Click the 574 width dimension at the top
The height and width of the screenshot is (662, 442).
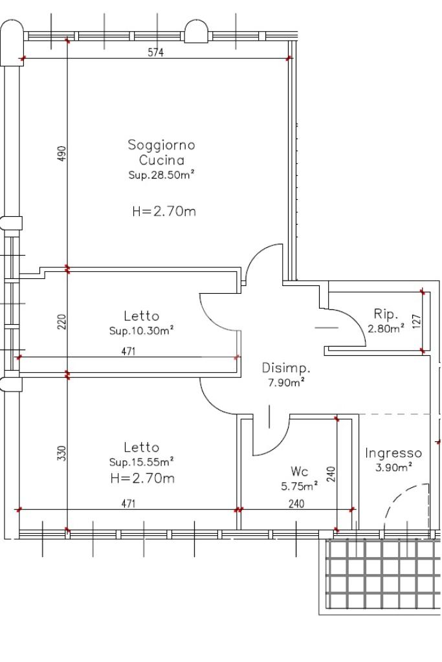(156, 52)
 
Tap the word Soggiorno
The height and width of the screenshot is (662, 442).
(161, 145)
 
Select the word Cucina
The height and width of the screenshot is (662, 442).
(161, 160)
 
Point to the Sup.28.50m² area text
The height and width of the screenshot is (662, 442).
(161, 175)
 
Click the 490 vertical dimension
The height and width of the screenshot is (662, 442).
(61, 155)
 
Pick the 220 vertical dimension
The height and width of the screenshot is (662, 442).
(61, 322)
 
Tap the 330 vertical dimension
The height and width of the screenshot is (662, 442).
(61, 453)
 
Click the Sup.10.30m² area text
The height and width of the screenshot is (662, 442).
(142, 331)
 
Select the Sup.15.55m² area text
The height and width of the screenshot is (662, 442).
(142, 462)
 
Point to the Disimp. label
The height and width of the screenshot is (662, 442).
(286, 368)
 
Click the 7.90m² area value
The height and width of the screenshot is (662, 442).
(286, 383)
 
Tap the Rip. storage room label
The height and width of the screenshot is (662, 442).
(386, 314)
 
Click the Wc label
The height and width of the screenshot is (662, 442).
(300, 471)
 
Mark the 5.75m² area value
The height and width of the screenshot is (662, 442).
(300, 487)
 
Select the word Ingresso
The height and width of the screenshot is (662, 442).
(393, 454)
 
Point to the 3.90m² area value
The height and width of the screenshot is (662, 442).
(393, 468)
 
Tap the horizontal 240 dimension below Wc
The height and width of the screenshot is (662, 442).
(296, 503)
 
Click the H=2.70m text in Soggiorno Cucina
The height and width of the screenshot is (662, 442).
(164, 211)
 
